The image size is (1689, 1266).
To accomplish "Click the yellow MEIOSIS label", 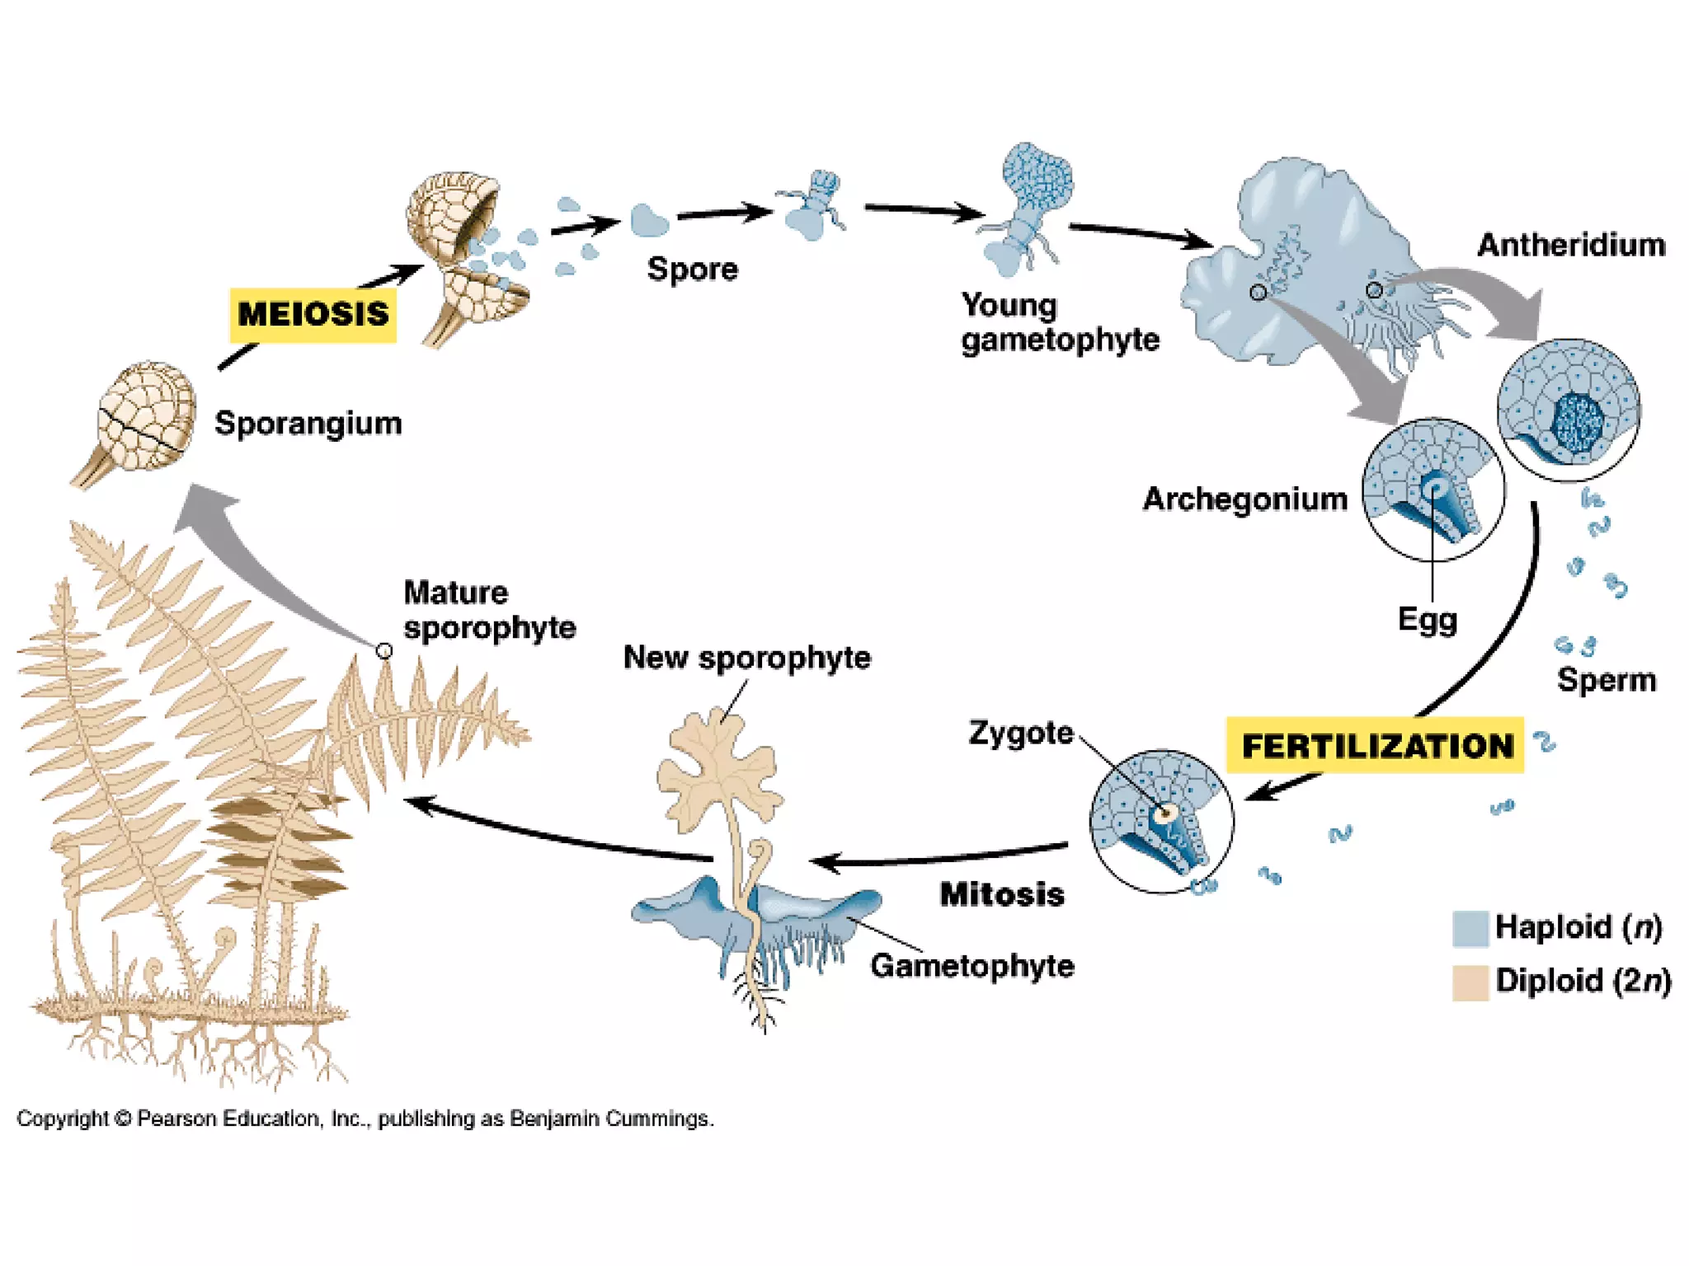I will point(313,314).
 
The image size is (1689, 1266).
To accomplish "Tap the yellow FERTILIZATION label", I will point(1376,746).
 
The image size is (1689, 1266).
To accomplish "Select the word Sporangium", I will point(308,423).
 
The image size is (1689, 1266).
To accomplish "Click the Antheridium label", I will point(1571,245).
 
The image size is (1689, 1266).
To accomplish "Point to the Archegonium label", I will point(1244,499).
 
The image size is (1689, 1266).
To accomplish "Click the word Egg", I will point(1427,620).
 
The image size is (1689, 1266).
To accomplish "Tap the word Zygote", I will point(1020,732).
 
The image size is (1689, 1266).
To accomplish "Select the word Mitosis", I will point(1002,894).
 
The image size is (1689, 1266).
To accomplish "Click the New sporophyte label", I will point(746,658).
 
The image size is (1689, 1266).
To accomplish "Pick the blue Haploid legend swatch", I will point(1470,928).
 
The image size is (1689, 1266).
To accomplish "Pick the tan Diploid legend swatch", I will point(1470,982).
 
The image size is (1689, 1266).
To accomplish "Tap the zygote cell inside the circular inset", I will point(1164,814).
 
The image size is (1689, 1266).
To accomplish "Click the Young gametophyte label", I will point(1059,322).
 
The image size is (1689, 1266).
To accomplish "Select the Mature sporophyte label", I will point(488,610).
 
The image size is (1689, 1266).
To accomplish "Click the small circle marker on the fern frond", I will point(384,651).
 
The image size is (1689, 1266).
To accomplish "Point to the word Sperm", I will point(1606,680).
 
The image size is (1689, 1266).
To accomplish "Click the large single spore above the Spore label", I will point(649,220).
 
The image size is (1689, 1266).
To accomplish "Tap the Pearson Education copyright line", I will point(365,1118).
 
